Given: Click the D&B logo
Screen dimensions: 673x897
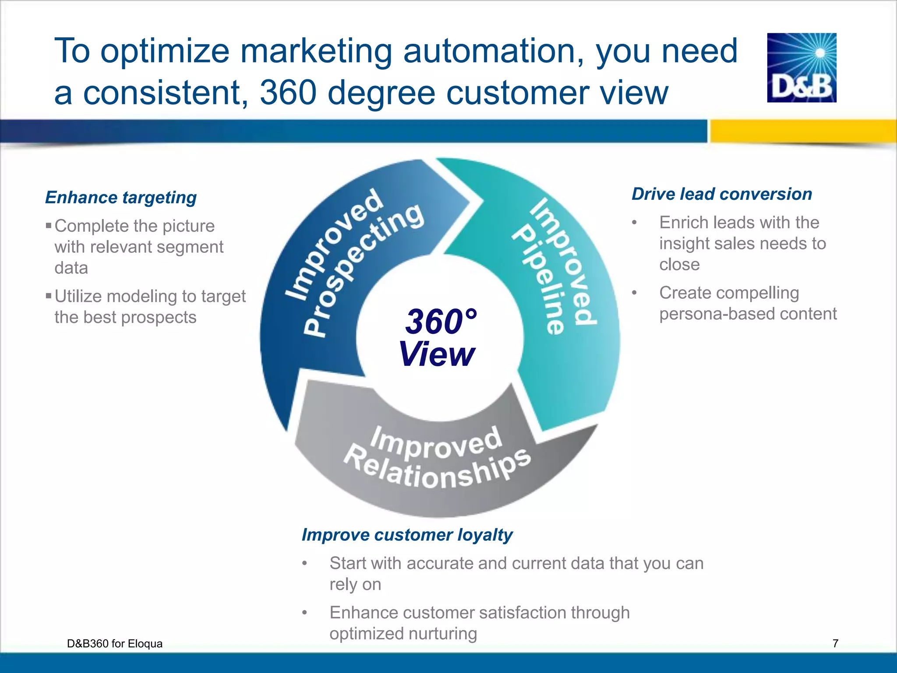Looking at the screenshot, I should (802, 67).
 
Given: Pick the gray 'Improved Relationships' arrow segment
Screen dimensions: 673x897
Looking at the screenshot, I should (438, 460).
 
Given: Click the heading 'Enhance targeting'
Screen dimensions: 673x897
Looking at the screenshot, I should (121, 198).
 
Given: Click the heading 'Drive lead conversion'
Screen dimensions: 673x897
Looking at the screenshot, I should (721, 194).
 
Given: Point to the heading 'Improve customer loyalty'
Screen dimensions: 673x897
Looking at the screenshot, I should (407, 535).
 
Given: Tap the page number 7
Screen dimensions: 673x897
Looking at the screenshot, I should (835, 643).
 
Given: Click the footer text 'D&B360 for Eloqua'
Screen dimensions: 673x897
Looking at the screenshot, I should (115, 643).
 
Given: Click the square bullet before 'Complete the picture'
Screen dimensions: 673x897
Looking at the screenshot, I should (49, 226).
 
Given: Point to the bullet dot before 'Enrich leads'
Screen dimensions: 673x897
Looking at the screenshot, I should (634, 223).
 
